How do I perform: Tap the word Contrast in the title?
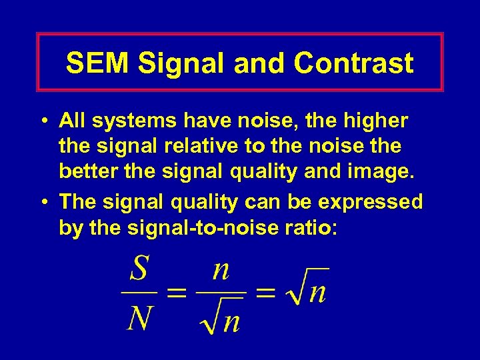click(x=353, y=63)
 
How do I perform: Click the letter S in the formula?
click(x=139, y=271)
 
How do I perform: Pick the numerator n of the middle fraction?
click(x=221, y=271)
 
